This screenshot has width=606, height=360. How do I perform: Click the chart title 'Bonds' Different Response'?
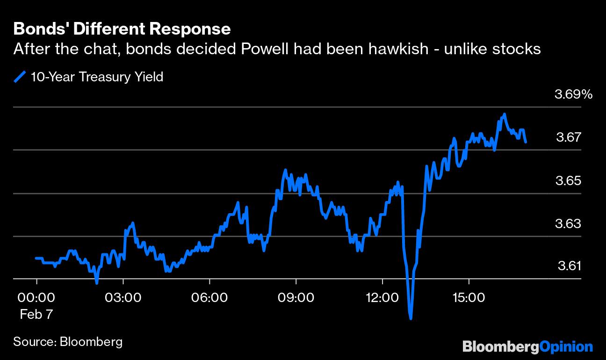122,29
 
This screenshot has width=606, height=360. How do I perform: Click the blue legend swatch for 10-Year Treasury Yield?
20,77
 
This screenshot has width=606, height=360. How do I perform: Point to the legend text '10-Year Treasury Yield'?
97,77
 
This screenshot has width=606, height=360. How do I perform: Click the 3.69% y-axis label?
573,94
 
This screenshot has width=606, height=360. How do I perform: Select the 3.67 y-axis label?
569,137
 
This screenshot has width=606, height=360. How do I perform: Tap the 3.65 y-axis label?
569,180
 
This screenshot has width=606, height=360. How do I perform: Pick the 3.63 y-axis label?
569,223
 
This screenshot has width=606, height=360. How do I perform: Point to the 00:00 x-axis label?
36,297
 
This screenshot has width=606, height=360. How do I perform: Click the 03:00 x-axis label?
123,297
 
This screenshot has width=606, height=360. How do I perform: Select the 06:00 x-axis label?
209,297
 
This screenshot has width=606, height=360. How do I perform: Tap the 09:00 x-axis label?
296,297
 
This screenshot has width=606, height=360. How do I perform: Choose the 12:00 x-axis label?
382,297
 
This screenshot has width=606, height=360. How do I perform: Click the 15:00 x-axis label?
469,297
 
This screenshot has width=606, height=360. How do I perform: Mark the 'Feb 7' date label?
36,314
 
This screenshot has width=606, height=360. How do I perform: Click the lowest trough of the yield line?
411,318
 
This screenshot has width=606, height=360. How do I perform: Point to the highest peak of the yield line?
504,114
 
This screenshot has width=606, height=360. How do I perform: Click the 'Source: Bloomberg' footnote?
68,341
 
